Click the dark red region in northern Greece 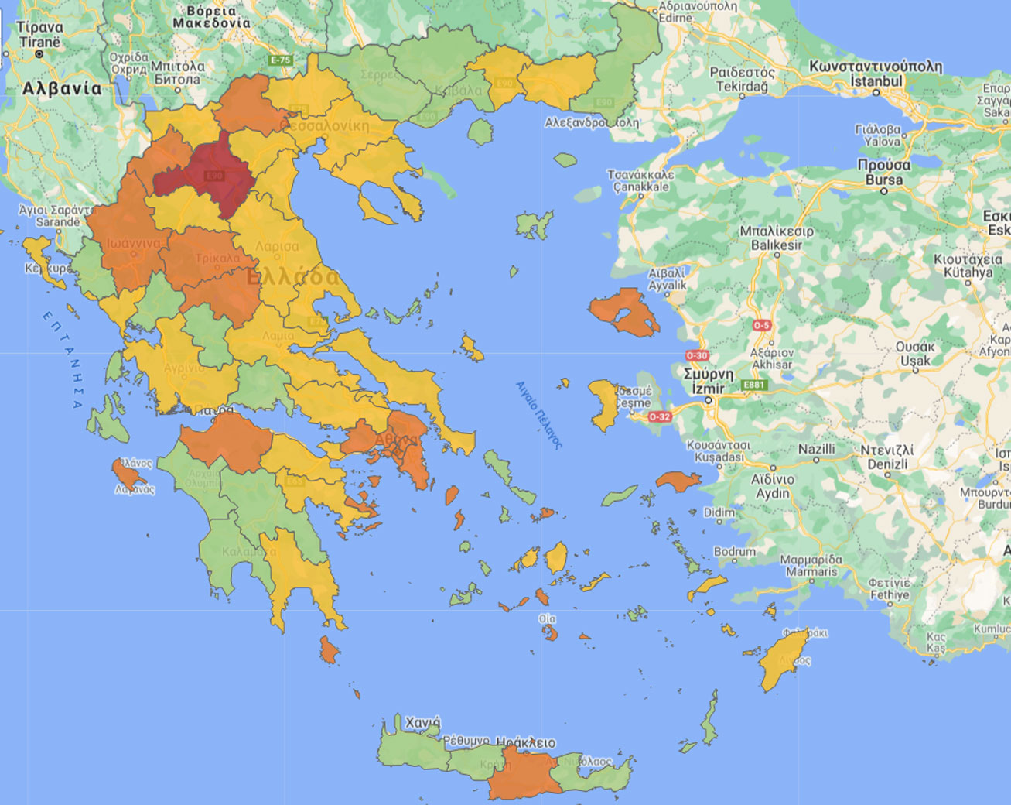coord(205,175)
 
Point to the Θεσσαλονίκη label coord(325,125)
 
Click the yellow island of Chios coord(602,403)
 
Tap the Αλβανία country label coord(62,88)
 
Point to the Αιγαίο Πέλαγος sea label coord(539,416)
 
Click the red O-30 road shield coord(696,355)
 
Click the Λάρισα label coord(277,246)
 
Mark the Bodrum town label coord(734,552)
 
